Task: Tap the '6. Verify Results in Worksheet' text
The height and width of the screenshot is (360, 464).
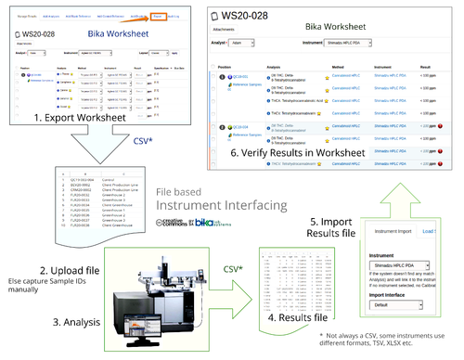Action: [x=303, y=177]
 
